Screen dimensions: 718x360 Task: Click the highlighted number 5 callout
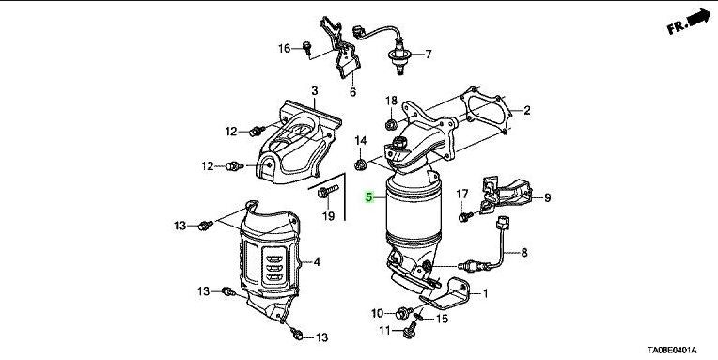368,197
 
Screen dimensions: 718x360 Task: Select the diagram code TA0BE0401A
672,351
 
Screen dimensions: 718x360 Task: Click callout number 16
285,48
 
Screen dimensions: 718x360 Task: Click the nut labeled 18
391,124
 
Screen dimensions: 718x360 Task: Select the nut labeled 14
360,164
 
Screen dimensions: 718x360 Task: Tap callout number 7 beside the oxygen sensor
429,55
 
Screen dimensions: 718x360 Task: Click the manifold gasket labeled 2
487,110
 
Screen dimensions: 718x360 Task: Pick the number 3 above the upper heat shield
314,91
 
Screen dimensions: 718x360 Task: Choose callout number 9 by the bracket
548,198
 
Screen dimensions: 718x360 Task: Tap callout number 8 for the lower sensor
524,252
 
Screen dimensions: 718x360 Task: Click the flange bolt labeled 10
403,313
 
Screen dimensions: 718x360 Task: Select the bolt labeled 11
410,330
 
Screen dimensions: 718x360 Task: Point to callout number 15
442,319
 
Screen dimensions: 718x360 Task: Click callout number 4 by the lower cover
317,262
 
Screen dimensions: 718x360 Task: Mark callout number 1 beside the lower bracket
485,293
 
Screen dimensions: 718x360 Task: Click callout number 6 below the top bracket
352,92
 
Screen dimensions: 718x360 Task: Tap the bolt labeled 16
307,47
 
